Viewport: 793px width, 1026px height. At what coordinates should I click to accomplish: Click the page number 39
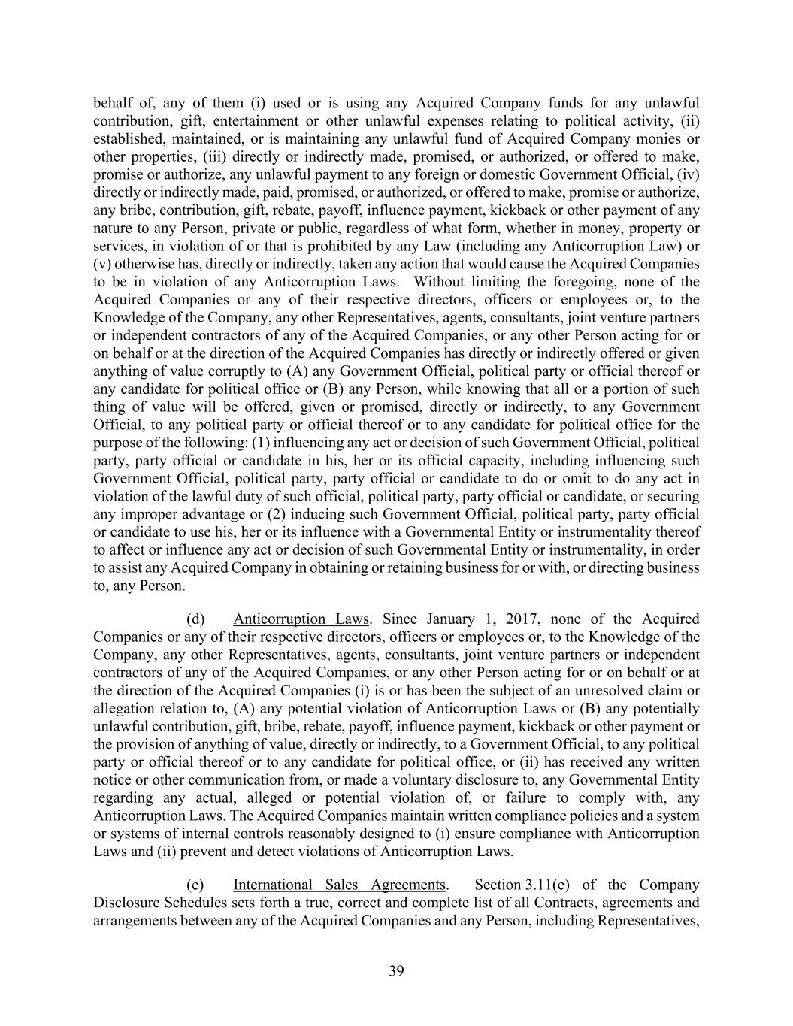tap(396, 971)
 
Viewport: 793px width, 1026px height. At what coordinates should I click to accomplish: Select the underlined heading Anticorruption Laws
tap(301, 619)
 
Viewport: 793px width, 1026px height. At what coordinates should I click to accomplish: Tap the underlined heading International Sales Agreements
tap(340, 885)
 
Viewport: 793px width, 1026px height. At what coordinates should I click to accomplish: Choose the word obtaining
tap(327, 567)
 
